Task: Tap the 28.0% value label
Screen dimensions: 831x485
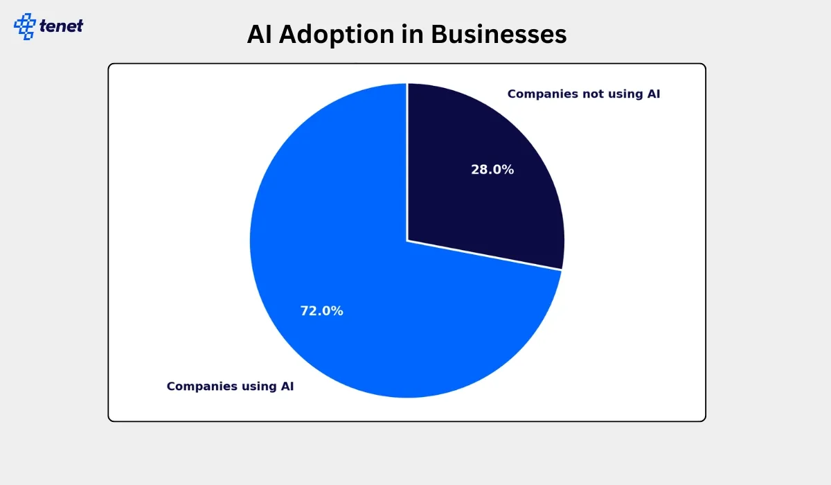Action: (492, 170)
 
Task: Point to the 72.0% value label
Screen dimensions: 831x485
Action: (321, 311)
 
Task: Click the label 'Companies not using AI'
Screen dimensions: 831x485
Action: (584, 94)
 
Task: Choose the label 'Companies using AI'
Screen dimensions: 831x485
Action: (230, 387)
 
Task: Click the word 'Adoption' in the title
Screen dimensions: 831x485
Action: (337, 35)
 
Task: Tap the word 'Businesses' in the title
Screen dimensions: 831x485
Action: (499, 34)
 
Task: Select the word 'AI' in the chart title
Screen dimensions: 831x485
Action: (259, 34)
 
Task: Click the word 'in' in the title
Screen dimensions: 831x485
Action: (413, 34)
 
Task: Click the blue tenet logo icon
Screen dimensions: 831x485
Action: (25, 26)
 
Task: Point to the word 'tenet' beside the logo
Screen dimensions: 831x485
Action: (61, 26)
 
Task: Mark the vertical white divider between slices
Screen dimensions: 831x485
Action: (407, 162)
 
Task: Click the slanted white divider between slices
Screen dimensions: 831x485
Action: (485, 255)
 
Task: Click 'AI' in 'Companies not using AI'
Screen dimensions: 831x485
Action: (654, 94)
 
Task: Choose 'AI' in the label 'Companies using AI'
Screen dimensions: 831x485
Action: (287, 387)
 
